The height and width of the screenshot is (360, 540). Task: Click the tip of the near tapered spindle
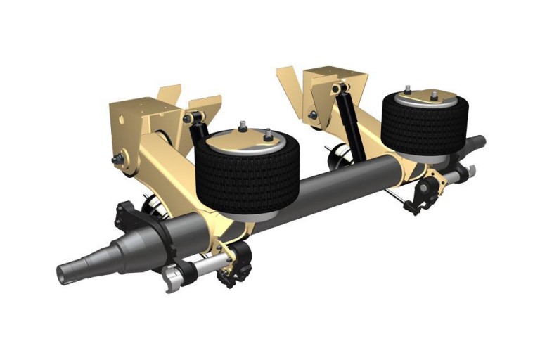click(65, 271)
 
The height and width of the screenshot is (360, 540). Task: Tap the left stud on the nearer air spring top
click(243, 127)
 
